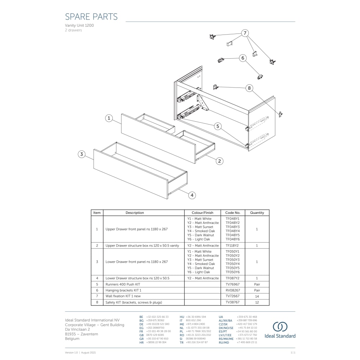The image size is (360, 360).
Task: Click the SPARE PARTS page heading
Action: [91, 17]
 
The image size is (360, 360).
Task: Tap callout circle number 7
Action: [245, 33]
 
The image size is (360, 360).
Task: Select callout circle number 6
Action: [243, 58]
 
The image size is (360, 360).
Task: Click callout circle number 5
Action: [217, 126]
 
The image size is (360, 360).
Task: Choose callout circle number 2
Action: [220, 161]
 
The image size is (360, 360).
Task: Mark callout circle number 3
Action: [82, 154]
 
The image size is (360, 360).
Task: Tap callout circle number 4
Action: [192, 195]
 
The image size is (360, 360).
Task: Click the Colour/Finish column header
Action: [202, 213]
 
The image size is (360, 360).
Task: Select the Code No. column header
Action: [233, 213]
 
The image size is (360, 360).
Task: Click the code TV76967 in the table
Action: [233, 284]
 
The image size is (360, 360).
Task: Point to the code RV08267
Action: [233, 290]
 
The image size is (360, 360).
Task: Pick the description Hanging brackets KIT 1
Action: [123, 290]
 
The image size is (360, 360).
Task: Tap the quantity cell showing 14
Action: [257, 296]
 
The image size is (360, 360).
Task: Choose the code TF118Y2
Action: [233, 246]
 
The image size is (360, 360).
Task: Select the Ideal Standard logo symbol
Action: [280, 327]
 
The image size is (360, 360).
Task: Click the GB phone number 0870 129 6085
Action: [155, 335]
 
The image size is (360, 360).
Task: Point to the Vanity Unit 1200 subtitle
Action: [79, 26]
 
